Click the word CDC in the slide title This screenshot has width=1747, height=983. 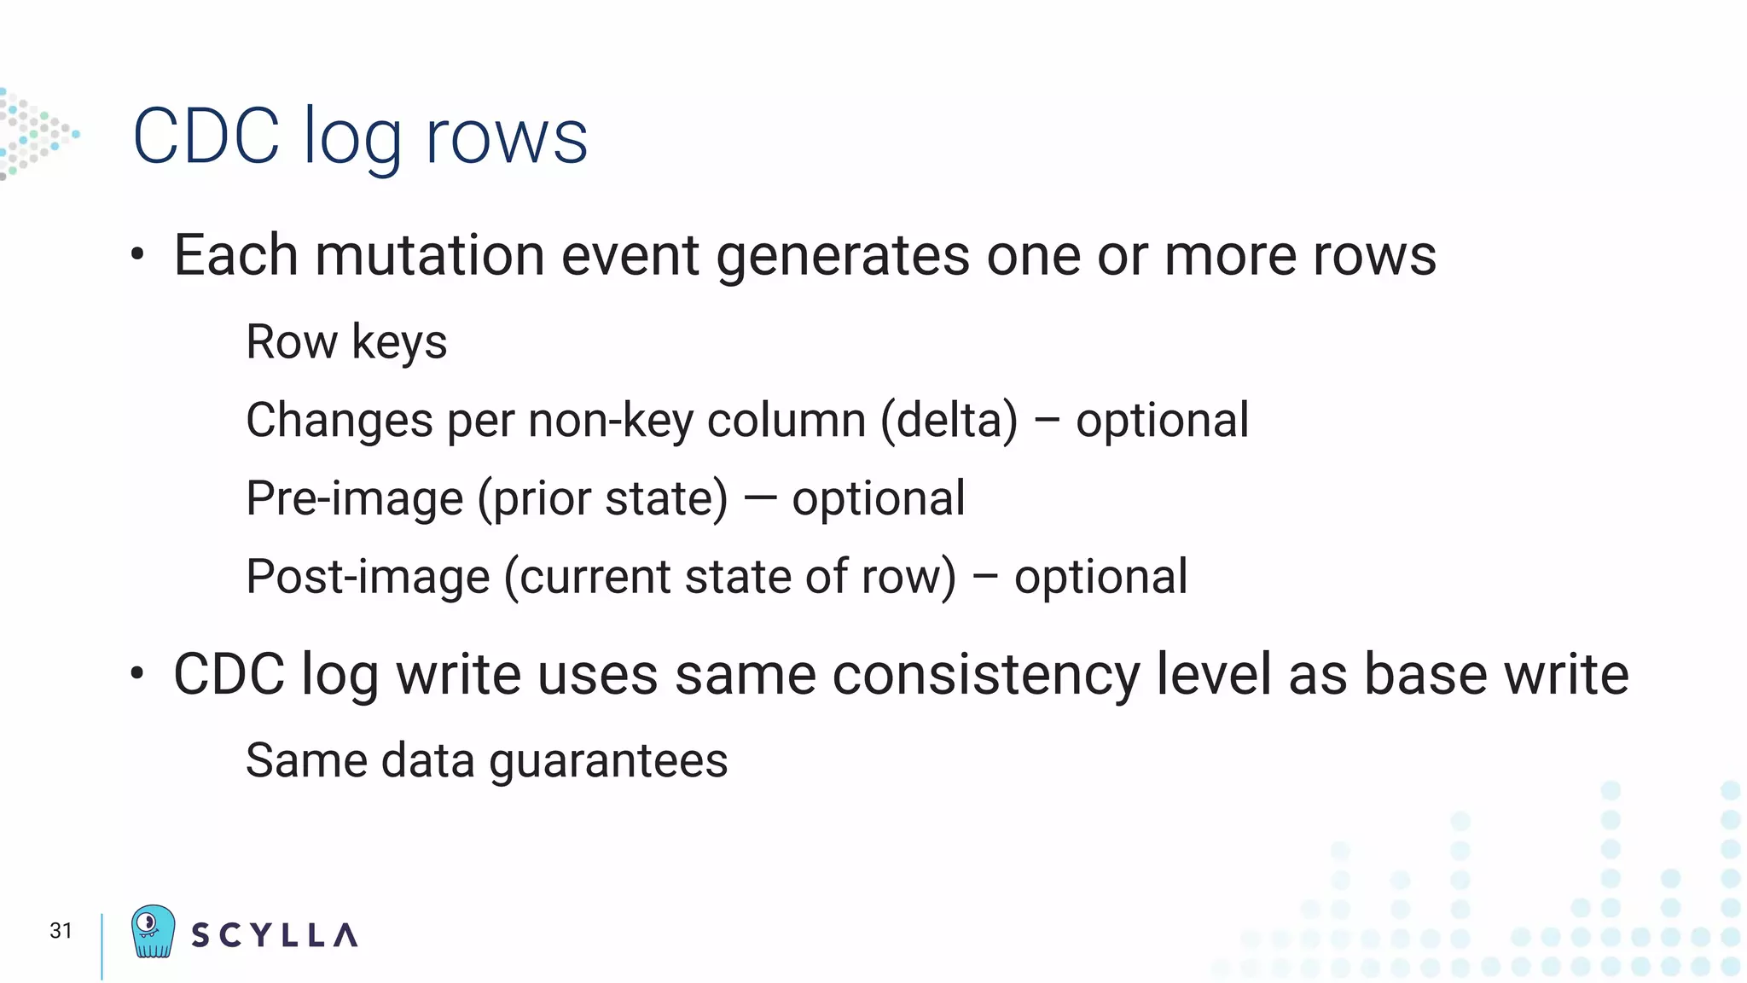pyautogui.click(x=206, y=137)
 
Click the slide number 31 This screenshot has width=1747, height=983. pyautogui.click(x=61, y=930)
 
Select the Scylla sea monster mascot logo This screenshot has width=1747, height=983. pyautogui.click(x=154, y=931)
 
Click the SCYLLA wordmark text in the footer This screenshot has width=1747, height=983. pyautogui.click(x=274, y=935)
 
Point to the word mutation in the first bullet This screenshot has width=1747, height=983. pyautogui.click(x=430, y=255)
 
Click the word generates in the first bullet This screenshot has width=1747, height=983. pyautogui.click(x=843, y=257)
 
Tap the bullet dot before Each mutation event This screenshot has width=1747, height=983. pyautogui.click(x=137, y=253)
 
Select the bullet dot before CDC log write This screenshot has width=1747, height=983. pyautogui.click(x=137, y=673)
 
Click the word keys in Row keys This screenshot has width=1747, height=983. pyautogui.click(x=399, y=343)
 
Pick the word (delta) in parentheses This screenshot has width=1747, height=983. pyautogui.click(x=949, y=421)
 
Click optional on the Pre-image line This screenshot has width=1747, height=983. pyautogui.click(x=879, y=499)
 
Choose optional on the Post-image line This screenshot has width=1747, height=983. pyautogui.click(x=1100, y=578)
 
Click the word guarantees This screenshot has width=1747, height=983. pyautogui.click(x=608, y=761)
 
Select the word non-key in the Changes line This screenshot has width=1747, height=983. pyautogui.click(x=611, y=421)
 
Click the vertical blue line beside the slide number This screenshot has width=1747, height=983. pyautogui.click(x=102, y=946)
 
